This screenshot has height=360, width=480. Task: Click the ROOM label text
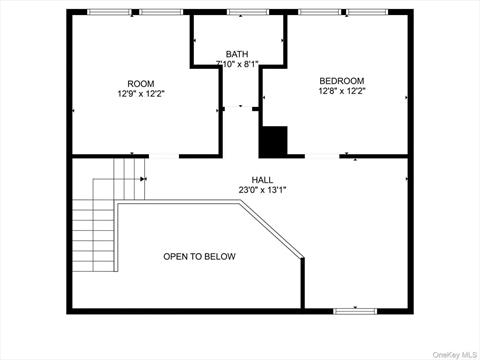tap(141, 84)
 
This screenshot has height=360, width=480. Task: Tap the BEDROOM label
tap(342, 81)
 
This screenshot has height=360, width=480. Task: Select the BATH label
tap(237, 54)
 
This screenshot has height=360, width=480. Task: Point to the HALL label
tap(262, 180)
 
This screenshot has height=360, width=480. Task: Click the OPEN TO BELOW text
tap(199, 256)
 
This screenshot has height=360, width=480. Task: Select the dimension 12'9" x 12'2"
tap(141, 94)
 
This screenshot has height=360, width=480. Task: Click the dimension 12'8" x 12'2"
tap(342, 91)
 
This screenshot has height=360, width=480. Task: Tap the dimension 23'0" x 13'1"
tap(263, 190)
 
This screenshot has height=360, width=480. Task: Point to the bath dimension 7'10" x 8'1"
tap(237, 64)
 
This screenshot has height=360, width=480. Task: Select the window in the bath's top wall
tap(248, 12)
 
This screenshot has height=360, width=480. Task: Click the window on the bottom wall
tap(355, 311)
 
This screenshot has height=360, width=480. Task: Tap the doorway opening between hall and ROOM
tap(164, 156)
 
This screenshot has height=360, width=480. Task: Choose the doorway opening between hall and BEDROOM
tap(322, 156)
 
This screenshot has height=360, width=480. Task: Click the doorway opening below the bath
tap(238, 108)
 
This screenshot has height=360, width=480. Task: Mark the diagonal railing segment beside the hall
tap(271, 229)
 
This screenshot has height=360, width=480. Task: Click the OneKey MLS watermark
tap(455, 354)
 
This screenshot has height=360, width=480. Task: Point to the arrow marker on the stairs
tap(144, 179)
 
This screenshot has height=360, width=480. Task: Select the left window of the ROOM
tap(109, 12)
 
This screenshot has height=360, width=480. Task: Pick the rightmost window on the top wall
tap(367, 12)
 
